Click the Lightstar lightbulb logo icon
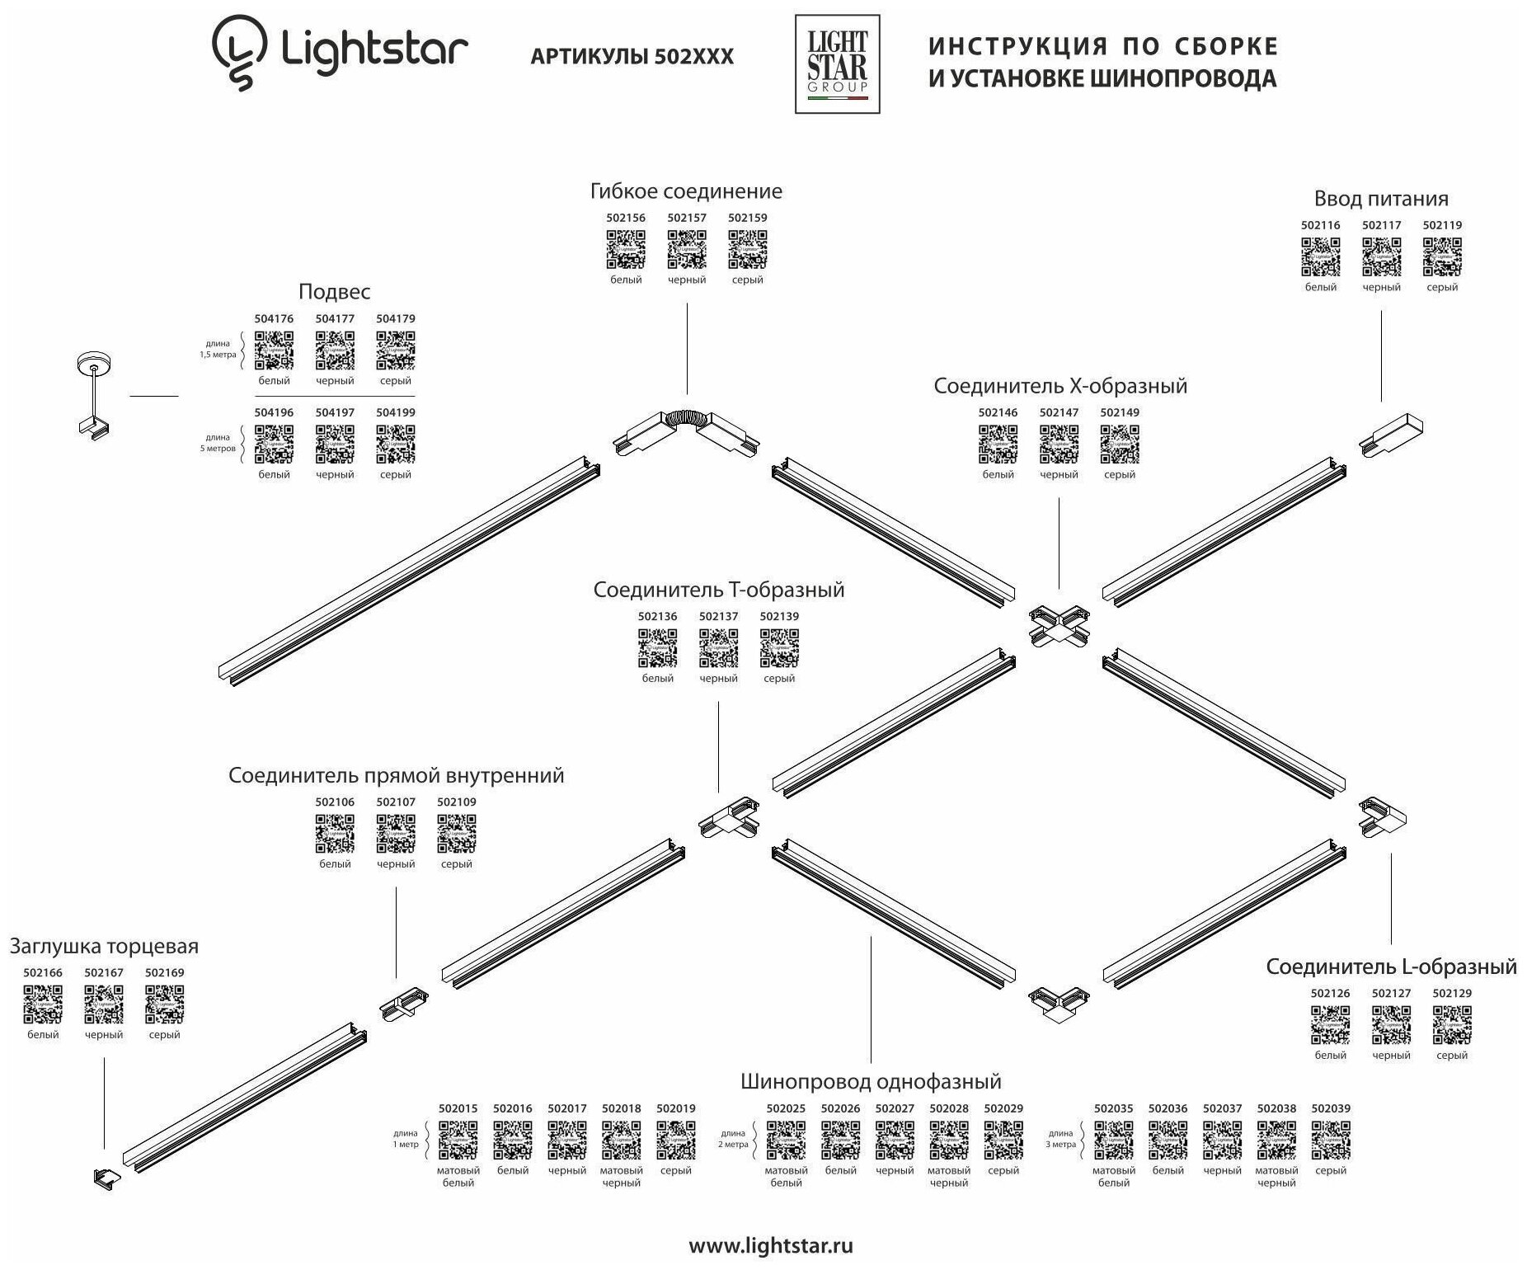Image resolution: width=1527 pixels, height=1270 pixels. (239, 53)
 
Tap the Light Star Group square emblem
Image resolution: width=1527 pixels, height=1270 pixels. (837, 64)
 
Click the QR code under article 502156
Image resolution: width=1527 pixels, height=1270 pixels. (626, 249)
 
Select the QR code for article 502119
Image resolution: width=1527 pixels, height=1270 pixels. (1442, 256)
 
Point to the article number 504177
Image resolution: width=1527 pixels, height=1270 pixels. (335, 318)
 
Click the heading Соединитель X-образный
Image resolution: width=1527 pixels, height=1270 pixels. (1060, 386)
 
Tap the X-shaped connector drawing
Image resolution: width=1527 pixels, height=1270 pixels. (1060, 625)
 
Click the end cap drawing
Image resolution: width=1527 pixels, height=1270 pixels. (106, 1178)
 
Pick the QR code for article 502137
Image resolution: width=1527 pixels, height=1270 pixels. (718, 648)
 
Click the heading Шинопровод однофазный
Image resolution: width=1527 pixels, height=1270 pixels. (871, 1081)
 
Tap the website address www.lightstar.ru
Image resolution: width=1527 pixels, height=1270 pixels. (770, 1245)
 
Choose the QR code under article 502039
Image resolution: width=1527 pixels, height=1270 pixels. (1331, 1141)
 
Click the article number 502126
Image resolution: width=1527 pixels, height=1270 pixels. (1330, 993)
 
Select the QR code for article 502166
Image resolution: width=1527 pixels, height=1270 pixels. (43, 1004)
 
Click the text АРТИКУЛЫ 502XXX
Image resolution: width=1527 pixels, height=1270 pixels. (632, 56)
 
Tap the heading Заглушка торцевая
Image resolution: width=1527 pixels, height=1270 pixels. (104, 946)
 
